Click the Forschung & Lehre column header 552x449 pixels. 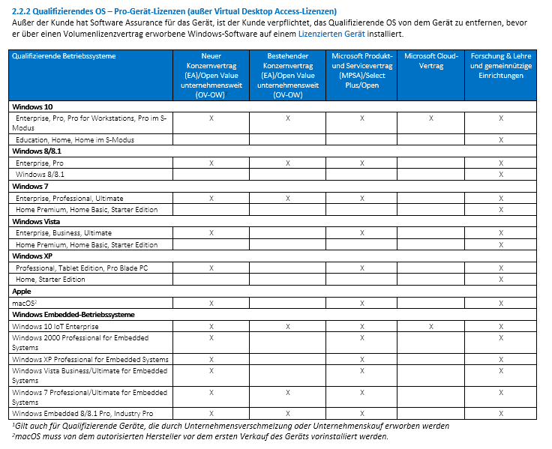(x=501, y=66)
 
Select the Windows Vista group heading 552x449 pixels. (x=37, y=221)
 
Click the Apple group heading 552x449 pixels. (x=22, y=291)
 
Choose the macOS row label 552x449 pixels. (x=26, y=303)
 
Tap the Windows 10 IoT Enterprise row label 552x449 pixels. (x=55, y=326)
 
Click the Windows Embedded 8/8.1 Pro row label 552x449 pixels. (x=82, y=413)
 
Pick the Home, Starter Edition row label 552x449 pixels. (x=51, y=280)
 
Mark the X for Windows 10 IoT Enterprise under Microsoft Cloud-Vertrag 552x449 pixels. (x=430, y=326)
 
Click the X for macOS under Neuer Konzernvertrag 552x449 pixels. (x=211, y=303)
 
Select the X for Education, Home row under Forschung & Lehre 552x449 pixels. (x=501, y=140)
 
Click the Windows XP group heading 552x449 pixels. (x=32, y=256)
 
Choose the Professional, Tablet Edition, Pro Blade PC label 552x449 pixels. (x=82, y=268)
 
